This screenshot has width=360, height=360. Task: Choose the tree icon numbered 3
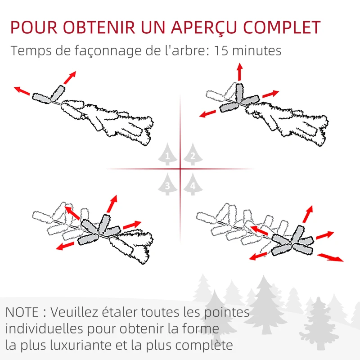point(168,184)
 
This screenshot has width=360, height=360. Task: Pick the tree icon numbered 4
point(193,184)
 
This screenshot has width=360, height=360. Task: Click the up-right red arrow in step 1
point(69,77)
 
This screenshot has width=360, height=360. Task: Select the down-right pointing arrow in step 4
point(330,257)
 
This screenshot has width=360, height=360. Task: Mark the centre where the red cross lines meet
point(180,169)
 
